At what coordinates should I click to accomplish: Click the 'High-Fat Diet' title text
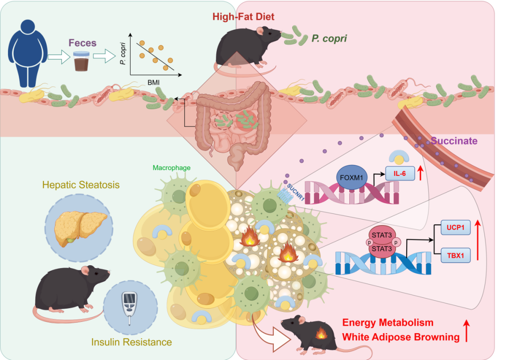coord(243,17)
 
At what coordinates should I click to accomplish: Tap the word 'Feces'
coord(82,43)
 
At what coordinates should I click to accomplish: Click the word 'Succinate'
coord(454,141)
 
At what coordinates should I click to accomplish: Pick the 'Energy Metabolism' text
coord(387,323)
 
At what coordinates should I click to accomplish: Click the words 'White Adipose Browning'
coord(401,337)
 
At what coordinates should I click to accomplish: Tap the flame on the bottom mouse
coord(322,334)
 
